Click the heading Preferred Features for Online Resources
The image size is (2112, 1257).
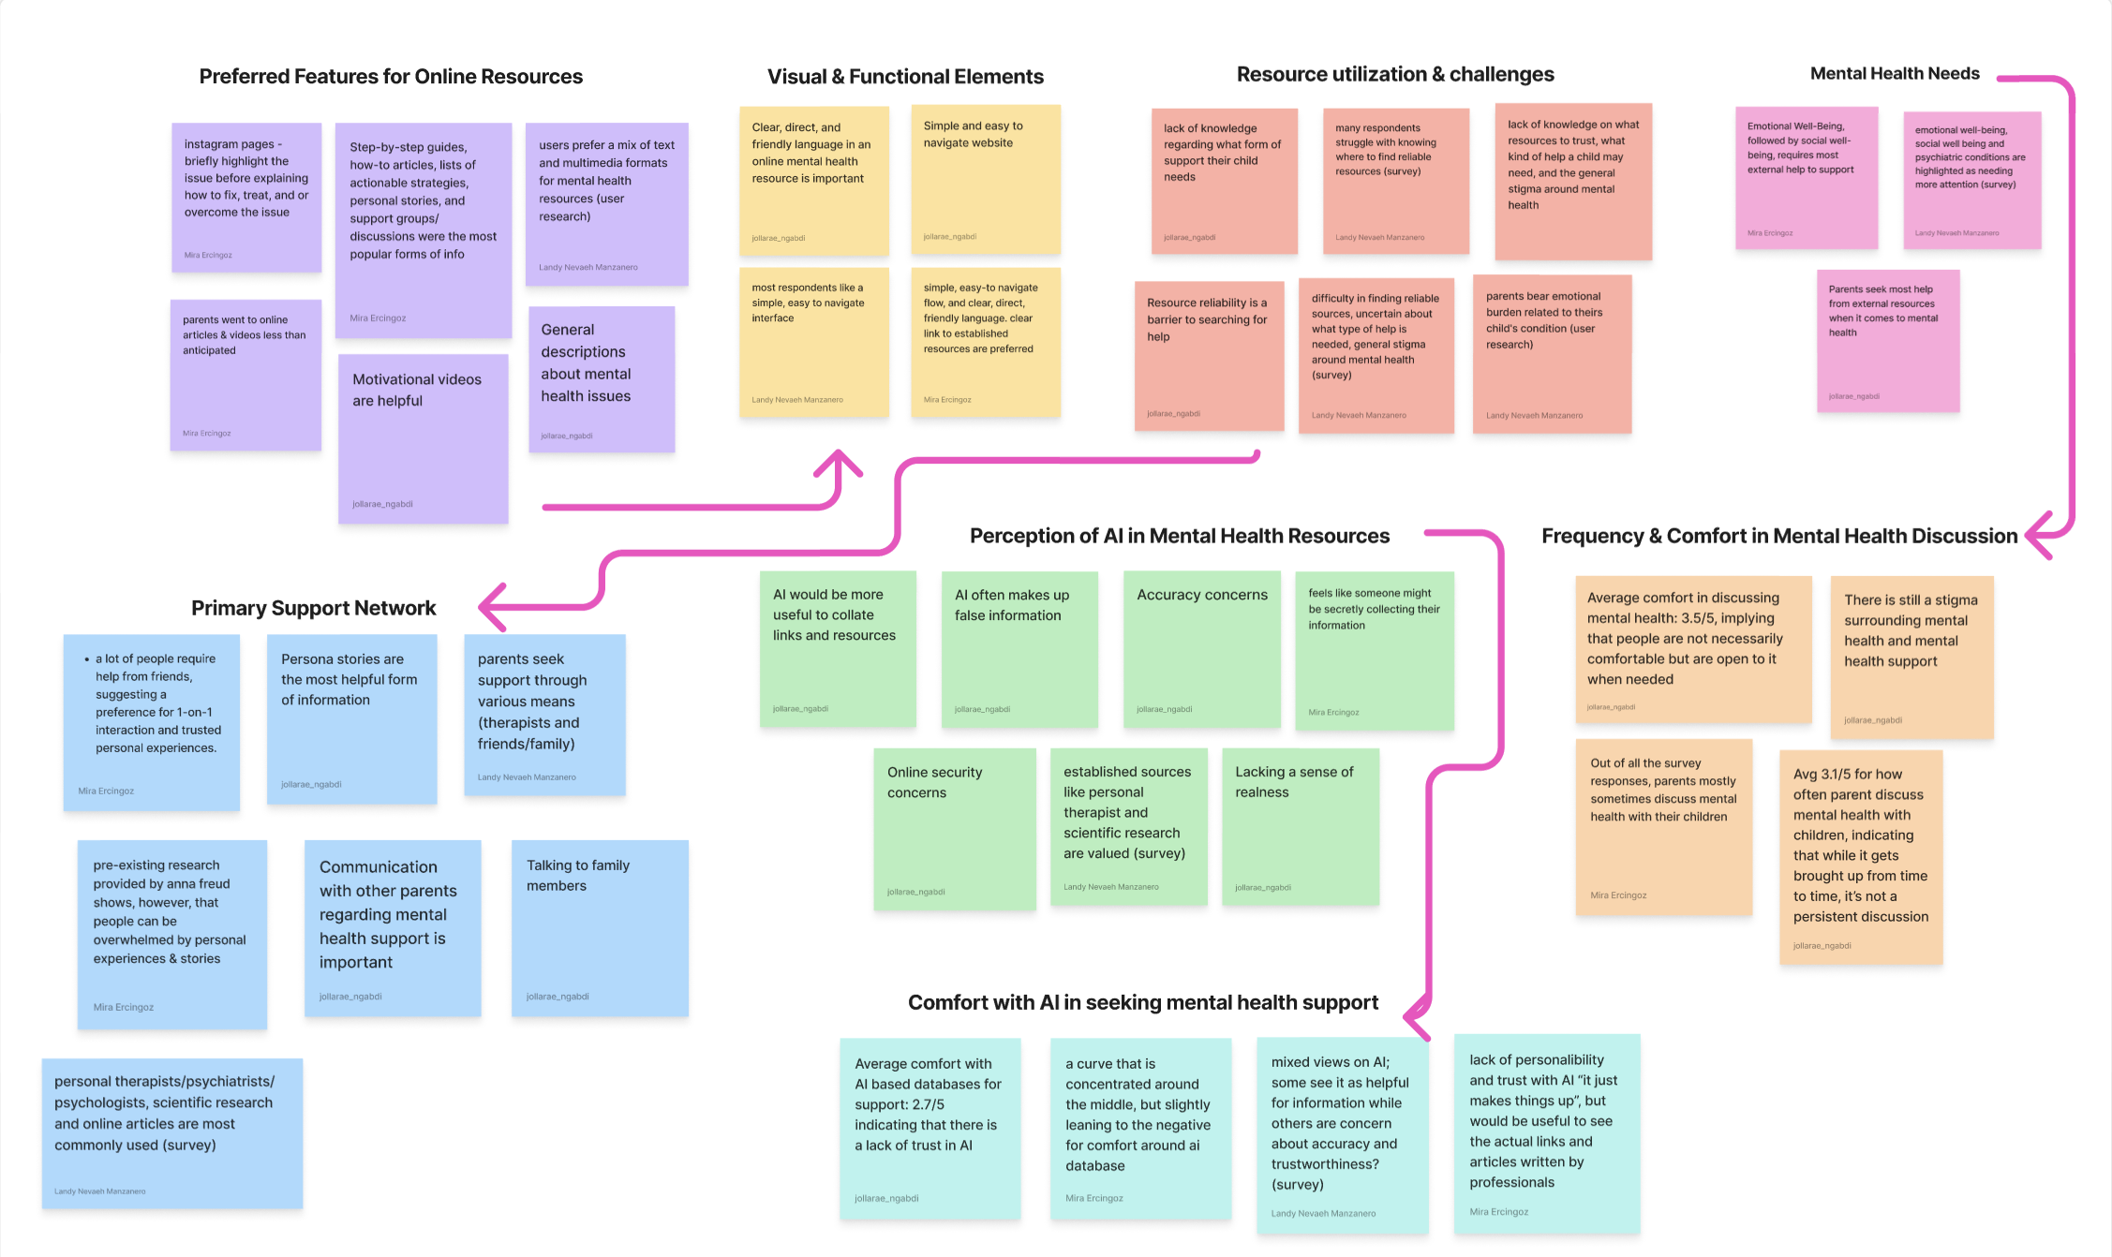391,77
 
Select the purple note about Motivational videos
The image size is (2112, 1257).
423,437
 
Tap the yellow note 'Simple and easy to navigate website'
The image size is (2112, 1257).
986,179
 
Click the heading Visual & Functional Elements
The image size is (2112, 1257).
905,77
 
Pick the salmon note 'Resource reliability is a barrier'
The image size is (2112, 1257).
1209,356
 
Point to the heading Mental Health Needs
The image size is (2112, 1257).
1894,74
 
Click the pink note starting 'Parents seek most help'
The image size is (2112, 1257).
1887,341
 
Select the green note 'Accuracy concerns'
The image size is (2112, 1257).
1201,649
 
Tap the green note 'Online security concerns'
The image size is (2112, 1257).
954,828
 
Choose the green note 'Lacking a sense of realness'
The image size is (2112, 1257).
1300,826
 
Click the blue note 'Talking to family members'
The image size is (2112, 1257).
600,927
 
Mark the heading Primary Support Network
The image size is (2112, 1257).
313,609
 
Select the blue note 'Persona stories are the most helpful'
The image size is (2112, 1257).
351,718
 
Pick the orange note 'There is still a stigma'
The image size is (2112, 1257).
1911,657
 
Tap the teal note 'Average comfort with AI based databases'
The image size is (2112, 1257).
930,1128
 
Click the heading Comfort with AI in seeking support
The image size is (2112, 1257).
1142,1003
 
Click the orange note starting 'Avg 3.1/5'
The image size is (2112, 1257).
1860,856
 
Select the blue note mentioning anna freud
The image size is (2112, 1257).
171,934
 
